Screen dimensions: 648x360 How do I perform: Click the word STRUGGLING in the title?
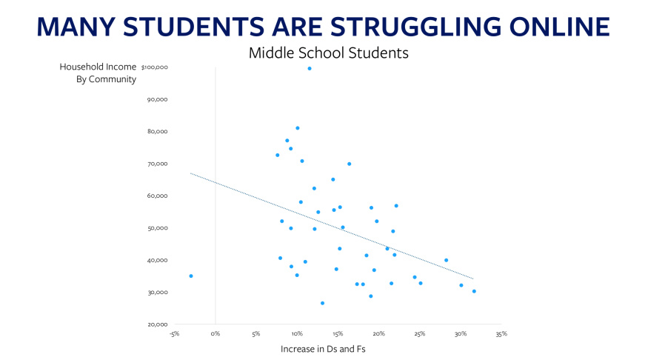pyautogui.click(x=415, y=27)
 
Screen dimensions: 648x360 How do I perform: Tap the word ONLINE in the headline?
pyautogui.click(x=560, y=27)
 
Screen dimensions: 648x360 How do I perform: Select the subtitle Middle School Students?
pyautogui.click(x=329, y=53)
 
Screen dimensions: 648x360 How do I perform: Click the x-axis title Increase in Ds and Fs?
pyautogui.click(x=323, y=349)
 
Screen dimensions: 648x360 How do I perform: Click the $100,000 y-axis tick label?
pyautogui.click(x=155, y=67)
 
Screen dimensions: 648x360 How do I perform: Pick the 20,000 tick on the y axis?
pyautogui.click(x=158, y=324)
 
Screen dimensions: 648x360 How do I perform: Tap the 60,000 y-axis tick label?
pyautogui.click(x=158, y=196)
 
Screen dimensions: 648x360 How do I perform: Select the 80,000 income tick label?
pyautogui.click(x=158, y=131)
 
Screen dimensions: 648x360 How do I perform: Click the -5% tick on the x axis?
pyautogui.click(x=174, y=334)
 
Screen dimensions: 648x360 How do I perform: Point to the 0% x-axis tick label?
pyautogui.click(x=216, y=334)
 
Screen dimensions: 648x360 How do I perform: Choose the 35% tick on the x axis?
pyautogui.click(x=501, y=334)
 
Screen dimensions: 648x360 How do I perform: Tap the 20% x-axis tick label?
pyautogui.click(x=378, y=334)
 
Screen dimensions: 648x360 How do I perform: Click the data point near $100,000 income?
pyautogui.click(x=310, y=69)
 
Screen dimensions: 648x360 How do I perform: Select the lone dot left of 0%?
pyautogui.click(x=191, y=276)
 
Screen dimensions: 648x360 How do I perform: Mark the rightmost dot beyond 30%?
pyautogui.click(x=474, y=291)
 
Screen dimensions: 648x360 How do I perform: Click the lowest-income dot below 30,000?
pyautogui.click(x=322, y=304)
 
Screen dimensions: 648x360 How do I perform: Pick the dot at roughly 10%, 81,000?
pyautogui.click(x=298, y=128)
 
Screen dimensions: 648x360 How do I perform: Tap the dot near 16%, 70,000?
pyautogui.click(x=350, y=164)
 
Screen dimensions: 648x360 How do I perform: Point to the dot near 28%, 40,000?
pyautogui.click(x=447, y=261)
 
